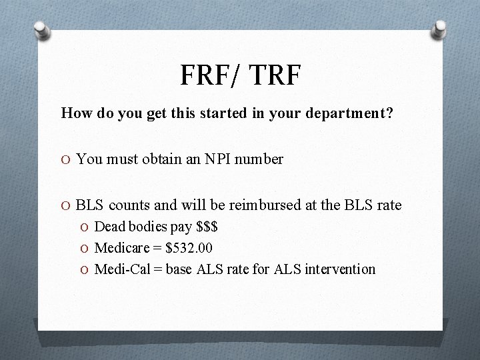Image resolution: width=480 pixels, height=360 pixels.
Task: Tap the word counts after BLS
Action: click(x=135, y=205)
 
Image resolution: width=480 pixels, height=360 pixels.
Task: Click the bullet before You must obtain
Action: click(x=66, y=160)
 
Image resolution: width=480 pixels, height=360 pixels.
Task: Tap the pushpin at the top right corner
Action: click(x=440, y=29)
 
